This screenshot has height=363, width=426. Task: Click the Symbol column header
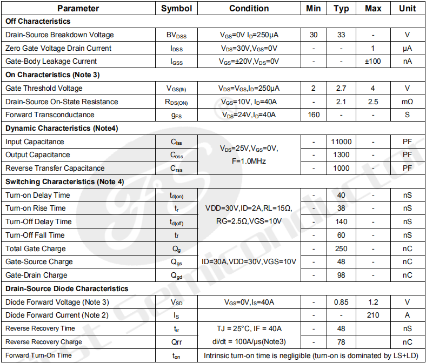[176, 8]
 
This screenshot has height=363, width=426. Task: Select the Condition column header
[249, 8]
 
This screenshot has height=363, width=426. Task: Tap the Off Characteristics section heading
[38, 22]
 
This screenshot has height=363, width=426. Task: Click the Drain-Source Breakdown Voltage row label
[59, 35]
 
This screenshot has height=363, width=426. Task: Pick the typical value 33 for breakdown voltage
[341, 35]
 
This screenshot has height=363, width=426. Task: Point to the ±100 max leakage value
[373, 61]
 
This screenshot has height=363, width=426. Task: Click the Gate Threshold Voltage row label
[44, 88]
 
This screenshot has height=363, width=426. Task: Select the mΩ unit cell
[407, 102]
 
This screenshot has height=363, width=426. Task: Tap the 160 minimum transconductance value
[314, 115]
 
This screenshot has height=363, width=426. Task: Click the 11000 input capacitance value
[341, 142]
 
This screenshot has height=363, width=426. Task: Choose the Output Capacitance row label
[38, 155]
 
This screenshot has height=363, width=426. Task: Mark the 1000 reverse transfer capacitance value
[341, 168]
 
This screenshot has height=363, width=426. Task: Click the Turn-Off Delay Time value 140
[341, 221]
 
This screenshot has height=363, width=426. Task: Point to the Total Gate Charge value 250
[341, 248]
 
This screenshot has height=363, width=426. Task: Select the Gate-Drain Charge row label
[36, 275]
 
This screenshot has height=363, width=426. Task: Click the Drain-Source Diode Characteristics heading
[67, 288]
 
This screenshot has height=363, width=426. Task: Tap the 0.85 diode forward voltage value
[341, 302]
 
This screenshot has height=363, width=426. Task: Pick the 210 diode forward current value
[373, 315]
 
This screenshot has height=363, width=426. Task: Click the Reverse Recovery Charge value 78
[341, 342]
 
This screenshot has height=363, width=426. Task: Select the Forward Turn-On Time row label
[38, 355]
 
